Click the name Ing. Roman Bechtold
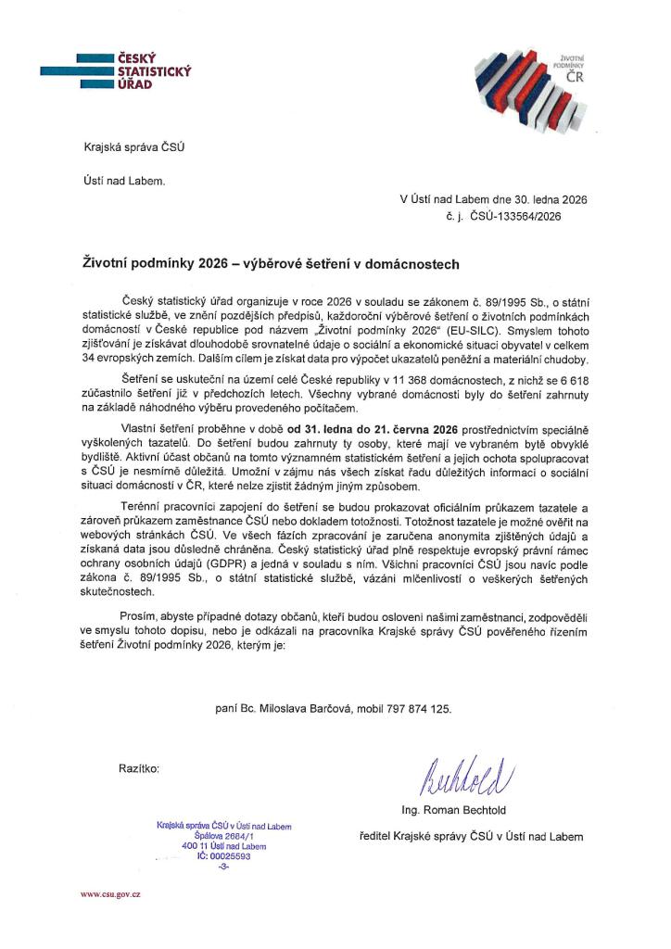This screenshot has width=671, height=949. click(x=452, y=810)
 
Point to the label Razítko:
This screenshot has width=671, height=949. click(x=139, y=769)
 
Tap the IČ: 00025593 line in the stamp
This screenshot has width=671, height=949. click(x=222, y=855)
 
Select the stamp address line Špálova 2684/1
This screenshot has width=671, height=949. click(x=222, y=835)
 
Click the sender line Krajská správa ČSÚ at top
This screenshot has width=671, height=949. click(x=127, y=147)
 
